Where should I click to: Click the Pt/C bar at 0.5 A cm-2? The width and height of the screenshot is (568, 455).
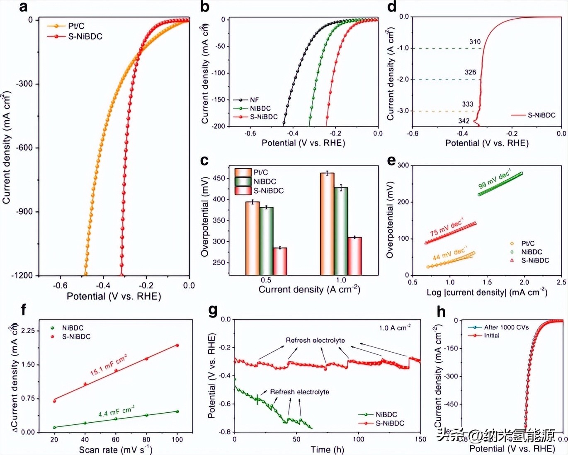252,238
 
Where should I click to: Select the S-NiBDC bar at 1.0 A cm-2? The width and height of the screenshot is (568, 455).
354,256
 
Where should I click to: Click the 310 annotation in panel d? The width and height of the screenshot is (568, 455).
475,42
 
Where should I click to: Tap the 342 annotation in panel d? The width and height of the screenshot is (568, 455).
464,121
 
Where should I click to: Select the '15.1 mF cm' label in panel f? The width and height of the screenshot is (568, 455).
108,365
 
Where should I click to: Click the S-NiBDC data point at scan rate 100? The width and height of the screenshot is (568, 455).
177,345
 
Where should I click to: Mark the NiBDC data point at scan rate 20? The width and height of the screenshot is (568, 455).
54,427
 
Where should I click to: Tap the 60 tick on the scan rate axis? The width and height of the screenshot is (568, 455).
116,440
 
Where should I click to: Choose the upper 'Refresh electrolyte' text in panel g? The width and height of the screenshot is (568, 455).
315,340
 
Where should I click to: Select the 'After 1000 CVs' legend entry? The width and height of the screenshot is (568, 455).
506,327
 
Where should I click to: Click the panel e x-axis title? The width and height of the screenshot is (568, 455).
487,293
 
